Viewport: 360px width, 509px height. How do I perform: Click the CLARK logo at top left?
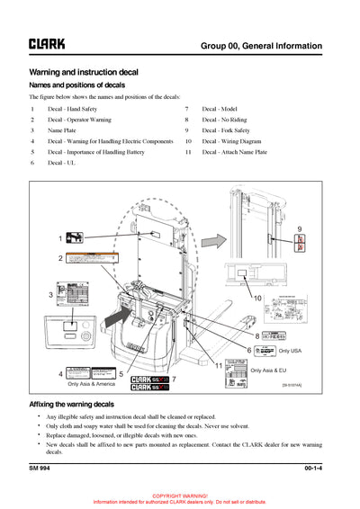47,42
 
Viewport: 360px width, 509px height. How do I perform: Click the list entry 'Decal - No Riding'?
223,120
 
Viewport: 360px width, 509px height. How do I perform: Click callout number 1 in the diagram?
61,239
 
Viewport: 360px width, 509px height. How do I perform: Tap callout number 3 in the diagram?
51,295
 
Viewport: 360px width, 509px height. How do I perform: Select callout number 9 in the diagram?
300,229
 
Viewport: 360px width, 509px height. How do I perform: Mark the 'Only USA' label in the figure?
290,350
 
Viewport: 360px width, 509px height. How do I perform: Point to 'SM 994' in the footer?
40,469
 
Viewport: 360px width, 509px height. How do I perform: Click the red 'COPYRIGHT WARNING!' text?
180,496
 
